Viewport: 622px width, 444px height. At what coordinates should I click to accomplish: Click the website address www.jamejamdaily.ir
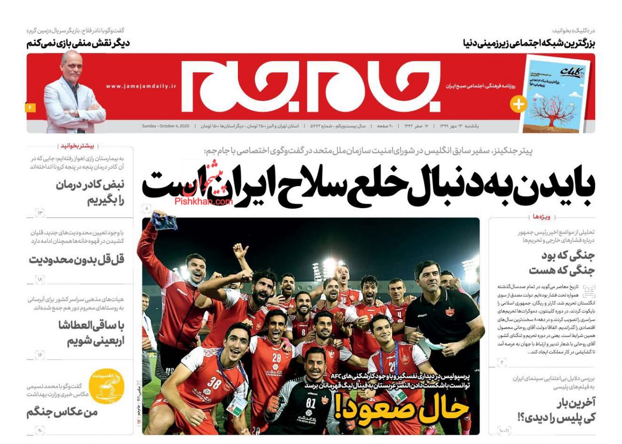click(x=141, y=86)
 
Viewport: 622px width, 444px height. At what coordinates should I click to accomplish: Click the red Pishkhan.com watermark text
click(x=204, y=202)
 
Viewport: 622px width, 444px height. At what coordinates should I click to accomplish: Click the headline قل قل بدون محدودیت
click(x=76, y=260)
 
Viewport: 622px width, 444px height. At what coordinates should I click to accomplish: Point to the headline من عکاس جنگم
click(x=62, y=413)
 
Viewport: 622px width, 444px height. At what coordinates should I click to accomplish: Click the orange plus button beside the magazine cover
click(x=518, y=104)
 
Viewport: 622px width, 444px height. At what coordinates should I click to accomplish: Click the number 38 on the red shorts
click(x=214, y=382)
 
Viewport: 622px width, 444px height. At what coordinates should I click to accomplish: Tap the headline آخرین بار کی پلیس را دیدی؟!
click(x=562, y=409)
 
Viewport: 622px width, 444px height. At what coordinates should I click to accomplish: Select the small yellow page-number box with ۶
click(x=30, y=108)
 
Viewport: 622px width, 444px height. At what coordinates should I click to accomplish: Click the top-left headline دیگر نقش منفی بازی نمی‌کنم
click(x=78, y=43)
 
